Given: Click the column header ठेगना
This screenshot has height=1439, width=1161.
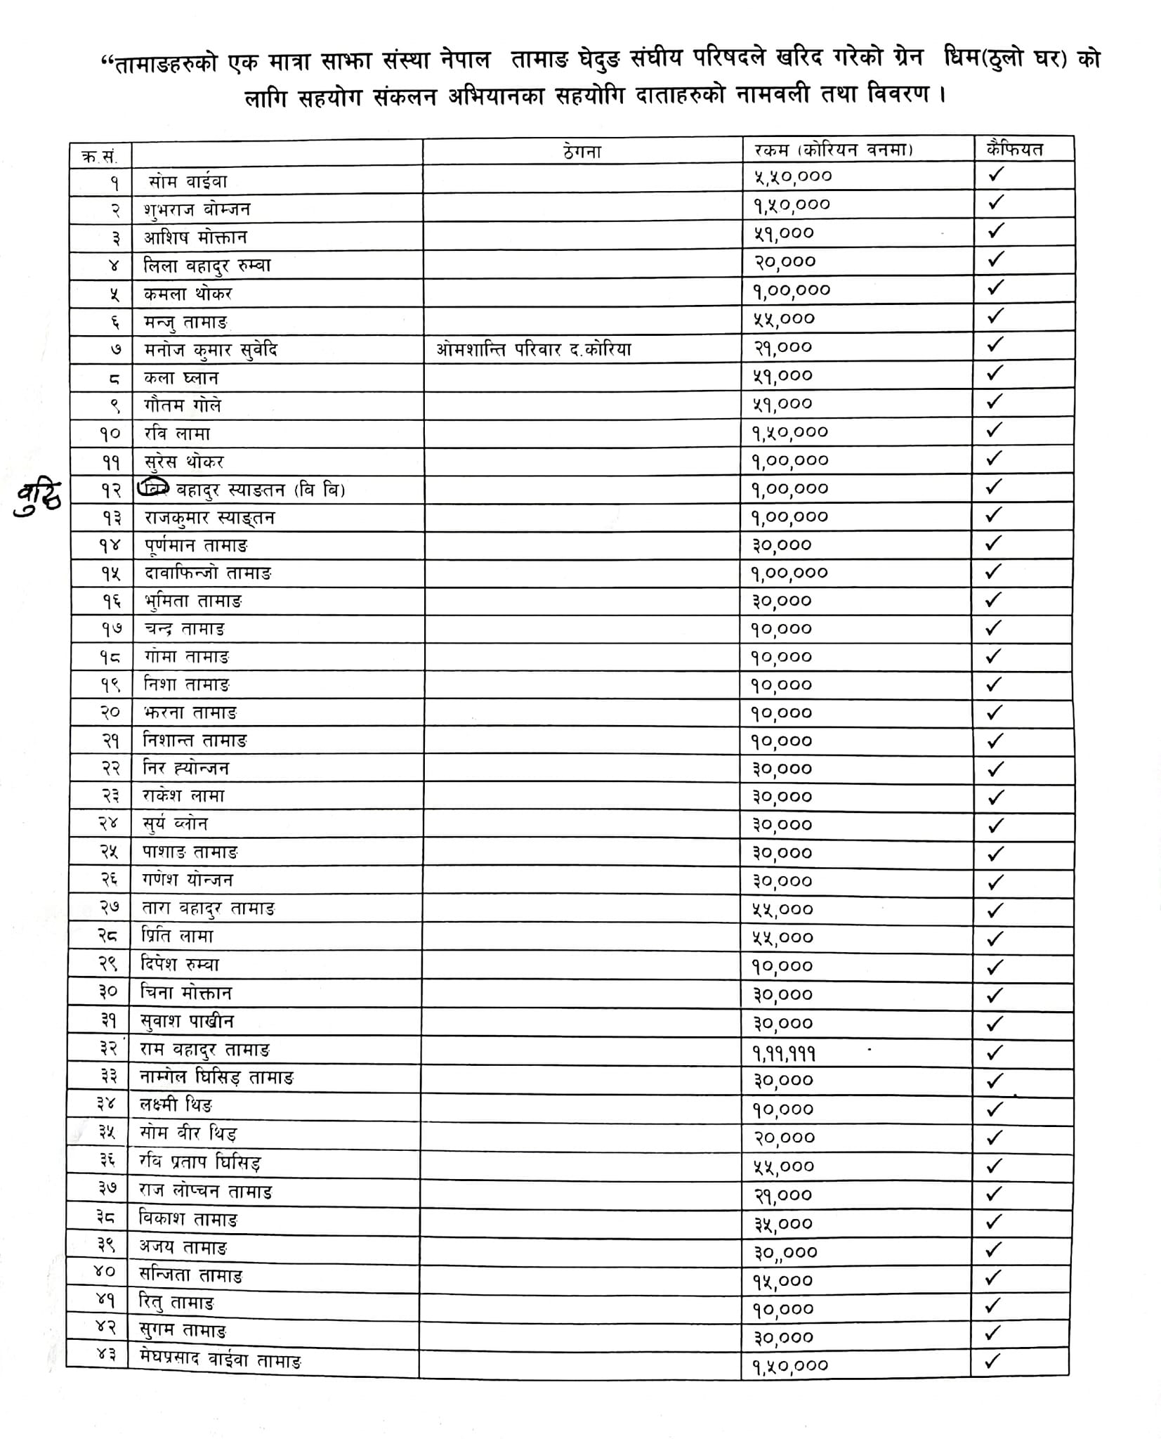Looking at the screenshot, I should [x=582, y=151].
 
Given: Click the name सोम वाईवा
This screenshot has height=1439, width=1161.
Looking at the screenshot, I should [x=188, y=182].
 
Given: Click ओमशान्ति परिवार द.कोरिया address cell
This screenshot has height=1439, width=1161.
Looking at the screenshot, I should [x=533, y=349].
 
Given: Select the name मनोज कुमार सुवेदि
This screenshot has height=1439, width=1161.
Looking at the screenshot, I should [x=211, y=350].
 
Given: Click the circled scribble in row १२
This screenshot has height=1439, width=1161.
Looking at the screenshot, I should [x=153, y=488].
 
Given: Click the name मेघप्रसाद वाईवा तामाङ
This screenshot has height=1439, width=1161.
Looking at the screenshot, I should [x=221, y=1361].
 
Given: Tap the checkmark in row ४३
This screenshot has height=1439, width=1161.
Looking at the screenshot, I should [x=992, y=1361].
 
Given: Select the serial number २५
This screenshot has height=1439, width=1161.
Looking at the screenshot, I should [x=109, y=852].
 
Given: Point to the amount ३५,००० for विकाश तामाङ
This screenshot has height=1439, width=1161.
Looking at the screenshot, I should [x=783, y=1224].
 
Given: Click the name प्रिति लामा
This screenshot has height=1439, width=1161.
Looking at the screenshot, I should [x=177, y=937].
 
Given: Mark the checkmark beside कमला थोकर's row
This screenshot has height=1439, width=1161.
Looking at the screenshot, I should [x=995, y=287].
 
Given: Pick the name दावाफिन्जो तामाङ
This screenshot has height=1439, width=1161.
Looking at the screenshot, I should [x=208, y=573].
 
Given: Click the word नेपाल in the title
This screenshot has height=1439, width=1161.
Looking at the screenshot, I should [x=465, y=60].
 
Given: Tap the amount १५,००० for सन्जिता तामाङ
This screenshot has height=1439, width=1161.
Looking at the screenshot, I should [x=783, y=1281].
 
